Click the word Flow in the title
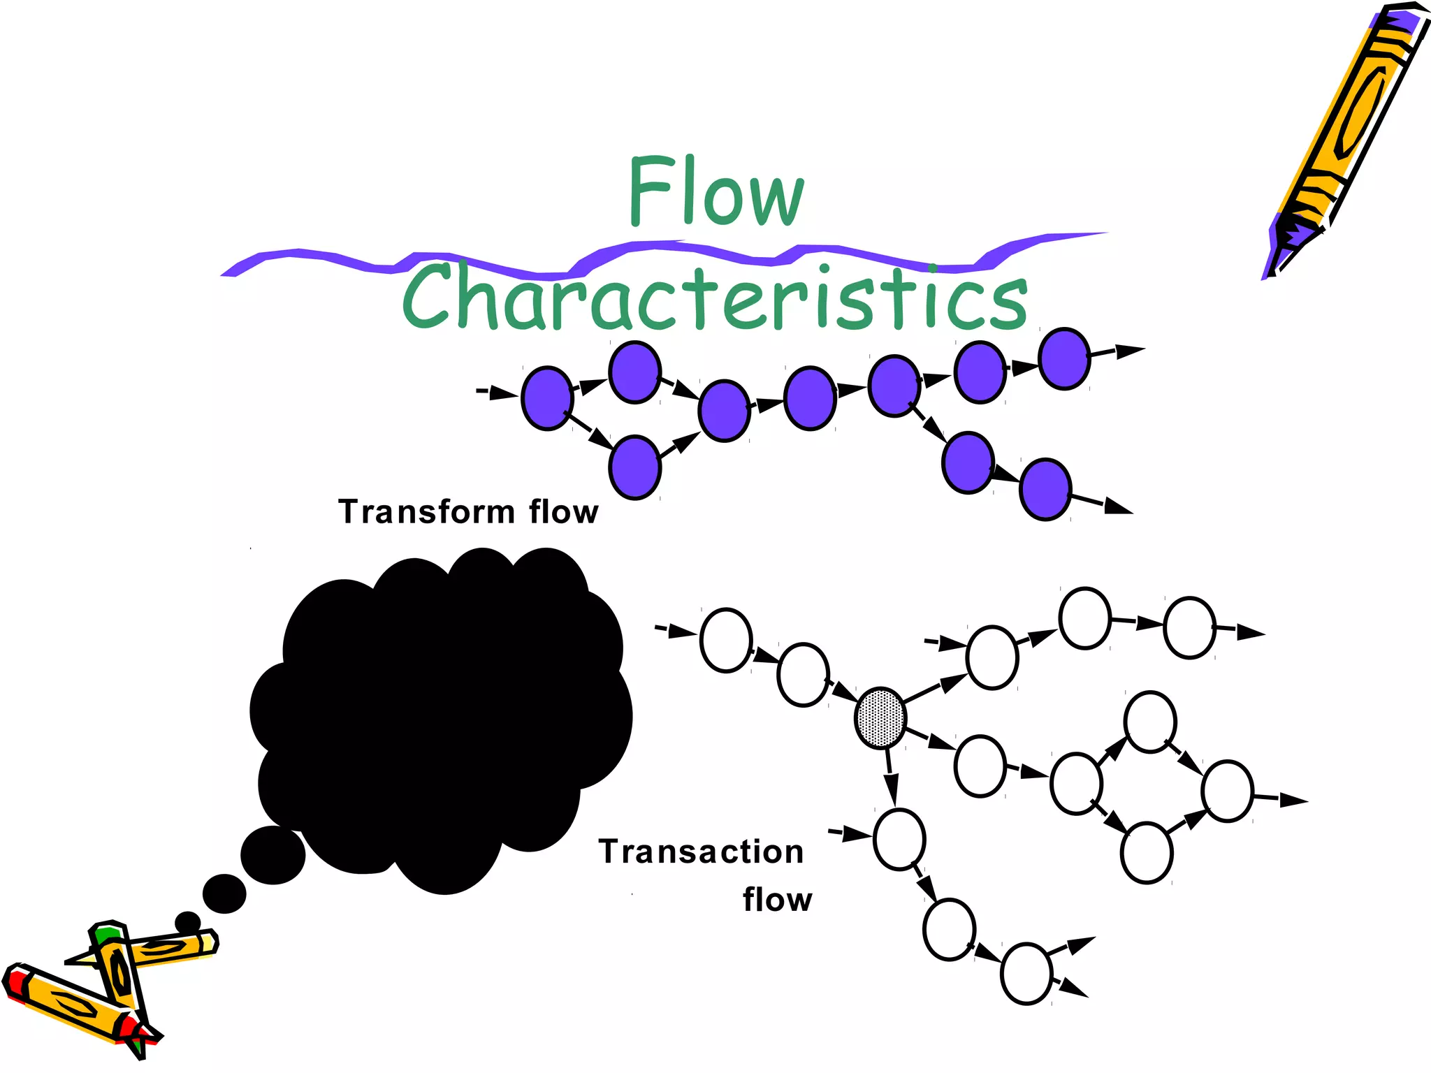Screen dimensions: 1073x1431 (715, 191)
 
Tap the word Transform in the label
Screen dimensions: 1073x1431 (426, 512)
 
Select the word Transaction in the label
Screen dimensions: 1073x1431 (701, 852)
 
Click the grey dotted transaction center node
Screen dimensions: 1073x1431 (880, 718)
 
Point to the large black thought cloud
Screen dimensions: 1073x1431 (440, 713)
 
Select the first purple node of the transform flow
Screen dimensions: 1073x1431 (548, 397)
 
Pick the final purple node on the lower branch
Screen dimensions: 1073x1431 (1045, 489)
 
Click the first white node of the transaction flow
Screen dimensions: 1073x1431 (726, 640)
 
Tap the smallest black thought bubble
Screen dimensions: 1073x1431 (187, 922)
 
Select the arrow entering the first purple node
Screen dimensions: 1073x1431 (500, 393)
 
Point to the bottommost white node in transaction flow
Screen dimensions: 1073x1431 (1026, 974)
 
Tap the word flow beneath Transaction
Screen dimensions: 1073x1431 (778, 900)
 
